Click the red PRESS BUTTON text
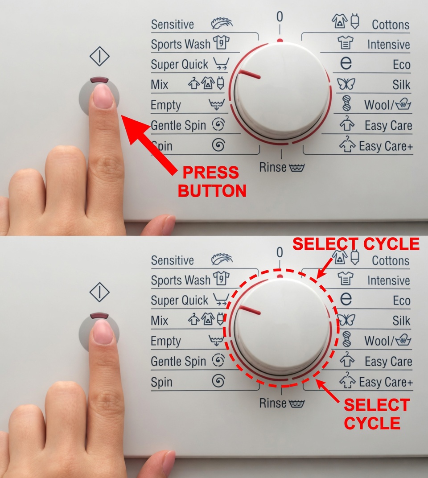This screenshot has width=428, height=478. click(212, 182)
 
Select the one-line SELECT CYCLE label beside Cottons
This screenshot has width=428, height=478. click(355, 244)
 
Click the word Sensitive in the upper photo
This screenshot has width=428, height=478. click(172, 24)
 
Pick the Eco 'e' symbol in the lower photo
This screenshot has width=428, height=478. click(346, 299)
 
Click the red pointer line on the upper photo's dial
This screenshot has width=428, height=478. click(250, 74)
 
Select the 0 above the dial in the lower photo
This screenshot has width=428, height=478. click(280, 252)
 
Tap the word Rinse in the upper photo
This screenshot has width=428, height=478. click(273, 167)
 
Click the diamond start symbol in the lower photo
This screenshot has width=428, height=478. click(99, 293)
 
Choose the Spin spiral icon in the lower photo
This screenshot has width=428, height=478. click(218, 381)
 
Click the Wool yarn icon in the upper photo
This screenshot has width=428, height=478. click(346, 104)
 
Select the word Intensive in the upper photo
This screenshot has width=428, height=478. click(388, 45)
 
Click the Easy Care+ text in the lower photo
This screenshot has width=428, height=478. click(386, 382)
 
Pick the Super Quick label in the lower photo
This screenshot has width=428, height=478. click(179, 301)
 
